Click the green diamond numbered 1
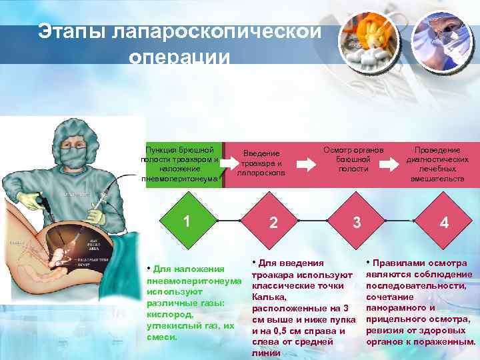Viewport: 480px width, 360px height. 187,221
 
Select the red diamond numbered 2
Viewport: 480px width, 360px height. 273,223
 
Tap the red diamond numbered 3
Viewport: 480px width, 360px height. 357,222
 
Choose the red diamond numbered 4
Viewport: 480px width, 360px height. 443,223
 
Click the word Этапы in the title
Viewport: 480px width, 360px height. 73,31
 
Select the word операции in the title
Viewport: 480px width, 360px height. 179,57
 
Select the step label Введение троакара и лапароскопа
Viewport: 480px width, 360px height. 261,163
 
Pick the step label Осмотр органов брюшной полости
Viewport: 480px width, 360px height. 353,159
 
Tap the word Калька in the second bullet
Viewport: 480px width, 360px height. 267,297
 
